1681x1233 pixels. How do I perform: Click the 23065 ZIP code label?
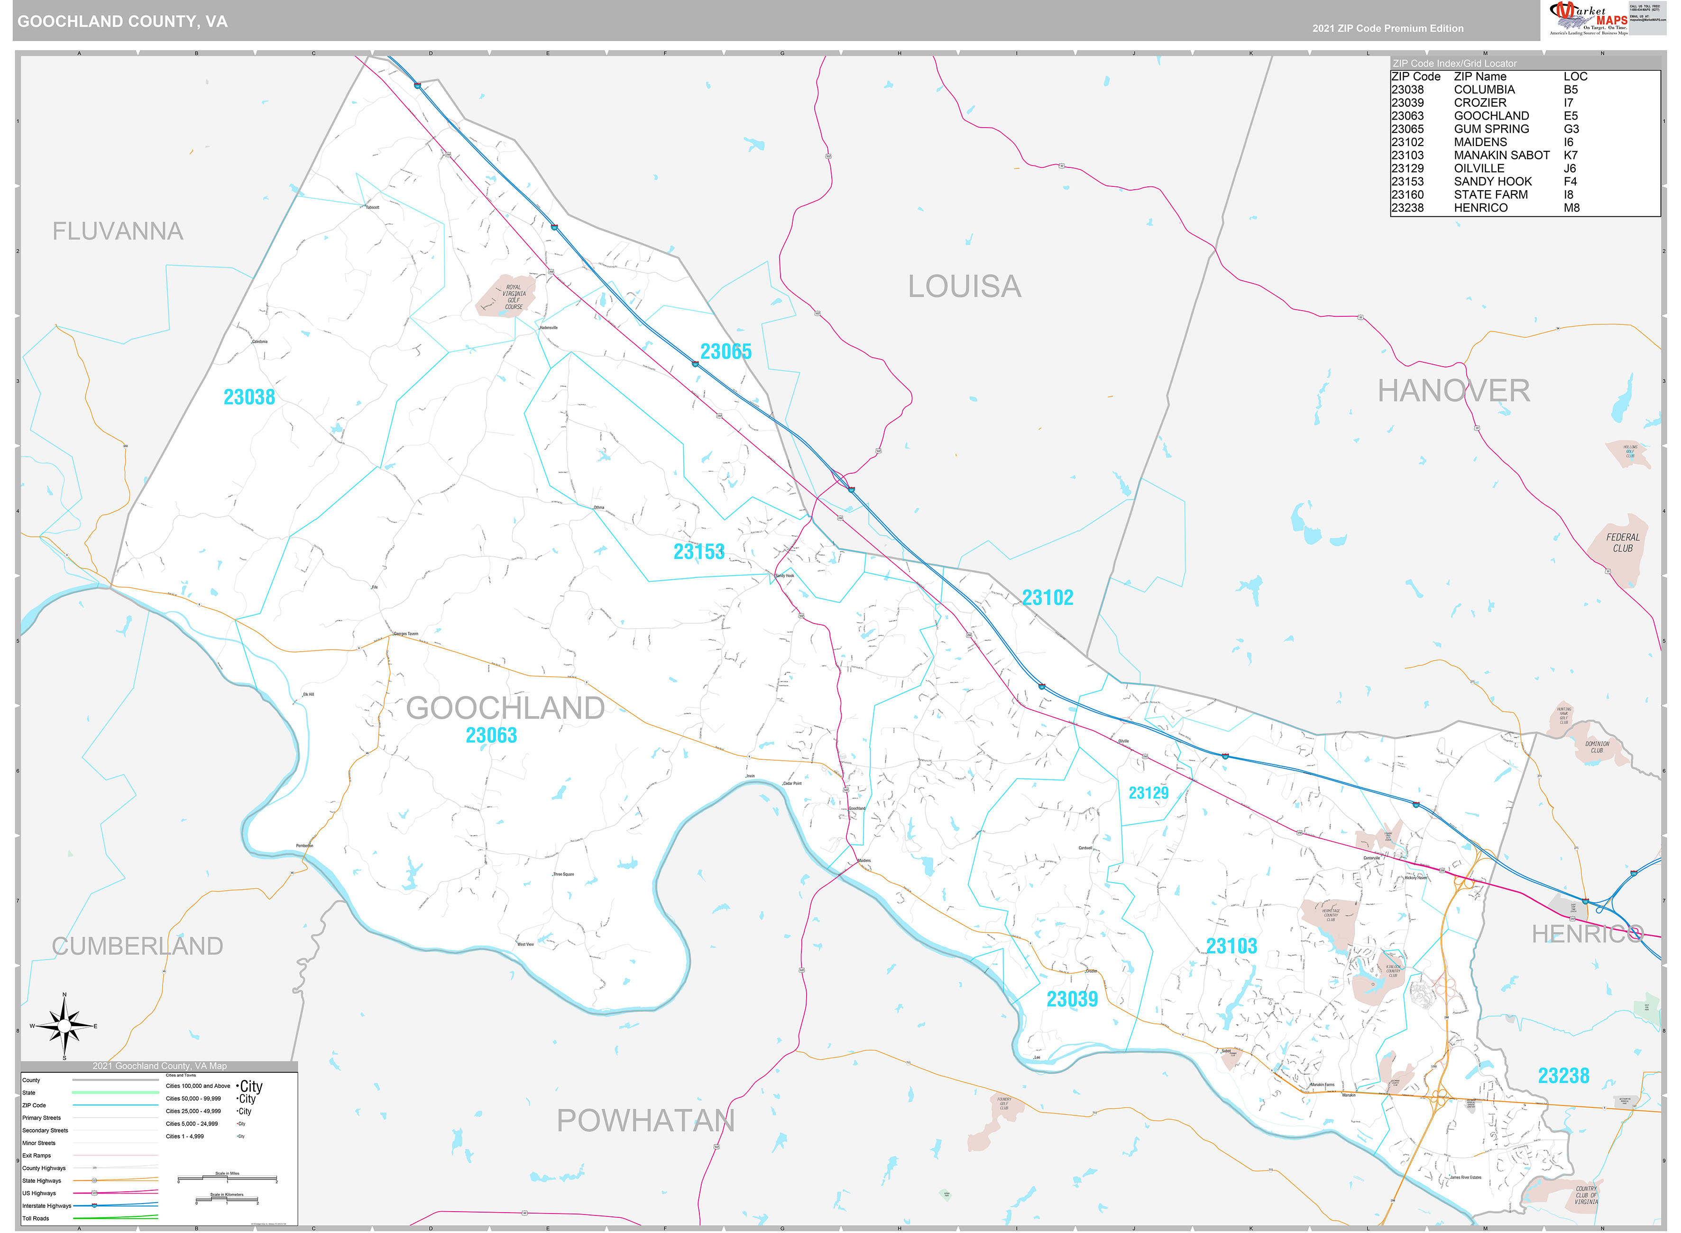click(725, 351)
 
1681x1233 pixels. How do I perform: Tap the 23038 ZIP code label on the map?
click(249, 397)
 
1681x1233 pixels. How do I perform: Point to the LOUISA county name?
click(964, 286)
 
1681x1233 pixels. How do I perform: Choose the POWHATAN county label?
click(645, 1120)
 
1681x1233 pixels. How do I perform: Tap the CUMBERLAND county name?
click(138, 946)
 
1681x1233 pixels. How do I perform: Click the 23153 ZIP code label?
click(698, 552)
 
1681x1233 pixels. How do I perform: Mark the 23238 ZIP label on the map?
click(1563, 1076)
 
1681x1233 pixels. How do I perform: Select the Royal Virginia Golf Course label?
click(514, 296)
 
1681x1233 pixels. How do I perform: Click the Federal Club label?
click(1622, 543)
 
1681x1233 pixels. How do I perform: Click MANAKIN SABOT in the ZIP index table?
click(1501, 155)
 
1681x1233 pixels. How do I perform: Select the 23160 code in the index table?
click(1407, 195)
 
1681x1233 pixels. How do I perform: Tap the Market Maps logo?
click(1587, 18)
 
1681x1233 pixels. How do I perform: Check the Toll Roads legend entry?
click(36, 1218)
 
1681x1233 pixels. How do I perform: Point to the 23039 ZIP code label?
click(1071, 999)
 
